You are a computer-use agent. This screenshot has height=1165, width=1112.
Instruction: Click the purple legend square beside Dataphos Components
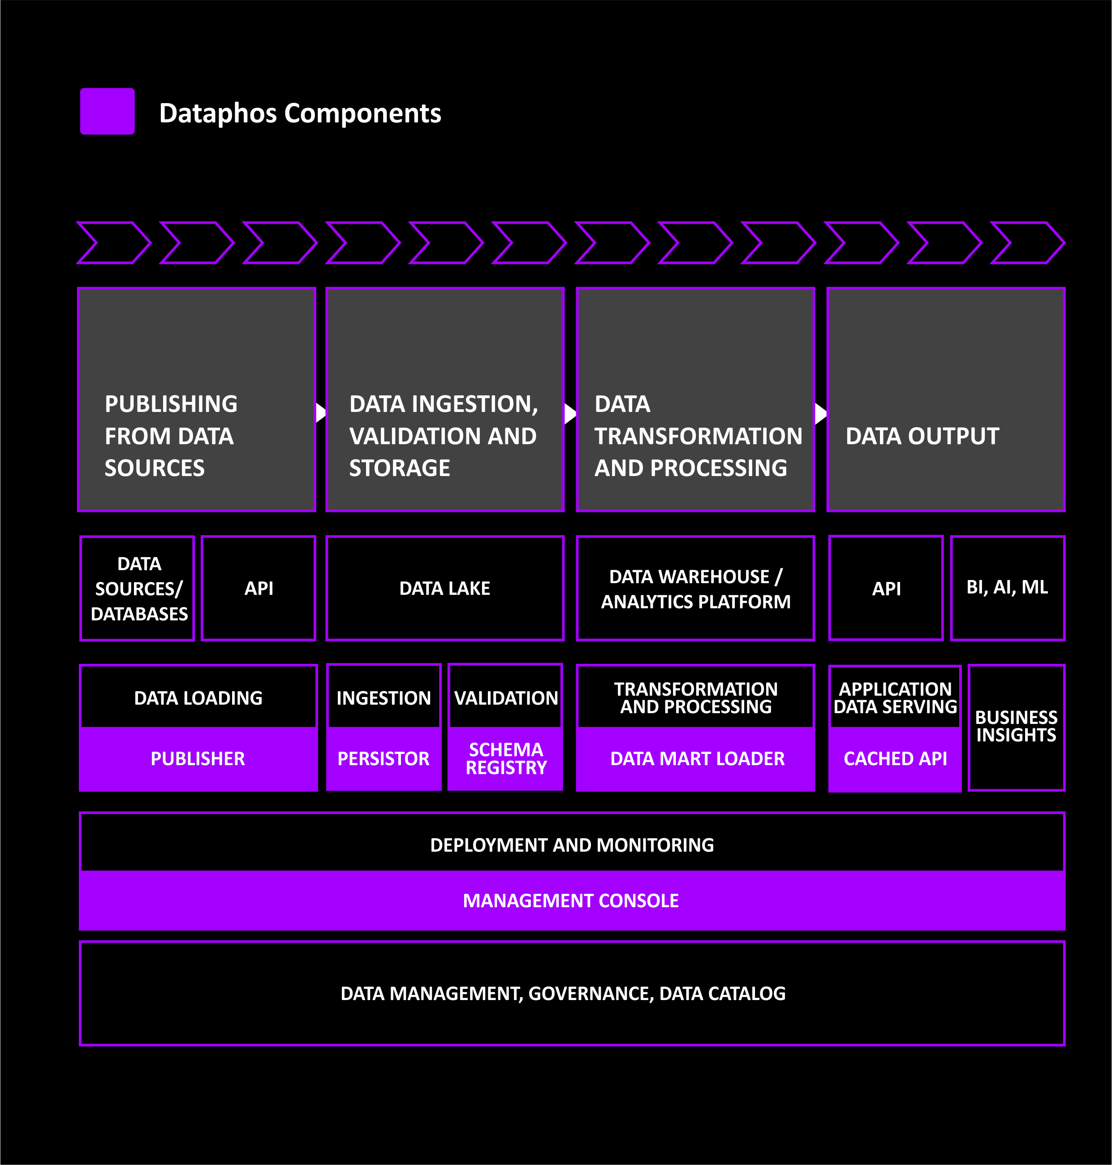(107, 111)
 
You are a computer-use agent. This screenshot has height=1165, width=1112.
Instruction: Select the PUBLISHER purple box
(198, 759)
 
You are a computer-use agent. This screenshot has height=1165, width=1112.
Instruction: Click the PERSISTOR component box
(384, 759)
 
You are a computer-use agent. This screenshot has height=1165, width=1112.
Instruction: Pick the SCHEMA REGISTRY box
(506, 759)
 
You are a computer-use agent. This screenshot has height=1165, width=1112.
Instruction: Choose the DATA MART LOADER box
(695, 759)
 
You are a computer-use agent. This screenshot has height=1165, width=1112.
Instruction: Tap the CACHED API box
(895, 759)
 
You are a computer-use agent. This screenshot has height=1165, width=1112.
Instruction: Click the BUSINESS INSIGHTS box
(1016, 727)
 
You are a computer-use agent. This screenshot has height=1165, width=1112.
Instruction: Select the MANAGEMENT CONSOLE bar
(572, 901)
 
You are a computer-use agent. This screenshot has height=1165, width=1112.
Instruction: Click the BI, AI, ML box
(1008, 588)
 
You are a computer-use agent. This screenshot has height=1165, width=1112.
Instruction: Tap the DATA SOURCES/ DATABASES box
(138, 588)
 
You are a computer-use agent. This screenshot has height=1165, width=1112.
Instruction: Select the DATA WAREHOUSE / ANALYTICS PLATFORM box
(695, 588)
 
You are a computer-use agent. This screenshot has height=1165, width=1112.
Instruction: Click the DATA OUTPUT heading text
(922, 436)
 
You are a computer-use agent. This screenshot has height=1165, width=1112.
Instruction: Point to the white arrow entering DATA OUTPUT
(821, 413)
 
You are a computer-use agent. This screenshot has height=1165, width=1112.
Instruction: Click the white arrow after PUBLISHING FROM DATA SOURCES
(321, 412)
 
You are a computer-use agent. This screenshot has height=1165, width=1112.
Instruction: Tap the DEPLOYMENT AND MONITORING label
(572, 845)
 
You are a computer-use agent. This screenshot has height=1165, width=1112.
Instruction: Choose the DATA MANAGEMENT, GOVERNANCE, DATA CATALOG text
(563, 993)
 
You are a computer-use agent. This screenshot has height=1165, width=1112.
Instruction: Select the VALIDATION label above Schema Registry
(506, 697)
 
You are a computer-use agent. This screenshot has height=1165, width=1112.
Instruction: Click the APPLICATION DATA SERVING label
(895, 697)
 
